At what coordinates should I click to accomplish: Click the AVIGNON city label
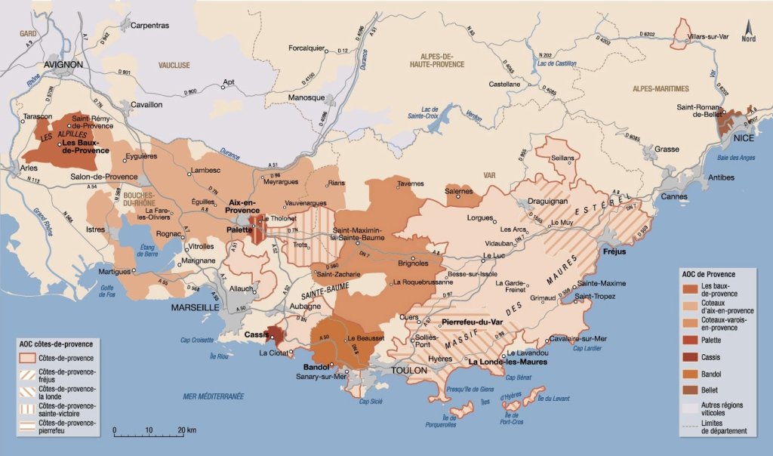pyautogui.click(x=63, y=65)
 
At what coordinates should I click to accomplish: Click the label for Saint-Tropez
pyautogui.click(x=594, y=295)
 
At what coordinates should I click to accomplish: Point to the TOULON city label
pyautogui.click(x=408, y=371)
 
